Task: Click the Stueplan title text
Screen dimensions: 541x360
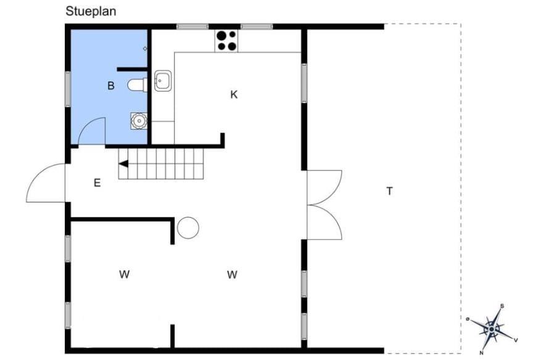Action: click(x=91, y=11)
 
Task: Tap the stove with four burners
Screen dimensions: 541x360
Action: click(x=226, y=41)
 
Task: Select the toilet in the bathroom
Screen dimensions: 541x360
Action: click(x=138, y=85)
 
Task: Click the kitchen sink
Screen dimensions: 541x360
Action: click(x=163, y=81)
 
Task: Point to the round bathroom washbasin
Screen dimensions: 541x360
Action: click(x=139, y=121)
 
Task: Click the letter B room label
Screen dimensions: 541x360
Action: click(x=111, y=86)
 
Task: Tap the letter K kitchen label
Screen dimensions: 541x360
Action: click(x=234, y=94)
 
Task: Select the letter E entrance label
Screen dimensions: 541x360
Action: click(x=97, y=182)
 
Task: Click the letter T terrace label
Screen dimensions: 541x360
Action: click(x=389, y=191)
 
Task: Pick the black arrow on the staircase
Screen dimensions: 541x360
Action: click(x=123, y=164)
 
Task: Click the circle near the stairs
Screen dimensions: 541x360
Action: click(x=188, y=228)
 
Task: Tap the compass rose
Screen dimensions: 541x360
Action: click(x=492, y=329)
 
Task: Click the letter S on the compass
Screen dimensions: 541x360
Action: click(x=502, y=306)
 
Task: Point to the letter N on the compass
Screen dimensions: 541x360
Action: click(x=481, y=353)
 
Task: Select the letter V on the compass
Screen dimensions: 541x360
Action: click(x=516, y=340)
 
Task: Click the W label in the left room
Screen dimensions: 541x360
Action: click(x=124, y=274)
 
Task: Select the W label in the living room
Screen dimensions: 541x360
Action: click(x=232, y=275)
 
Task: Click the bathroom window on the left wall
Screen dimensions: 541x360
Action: click(x=68, y=89)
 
